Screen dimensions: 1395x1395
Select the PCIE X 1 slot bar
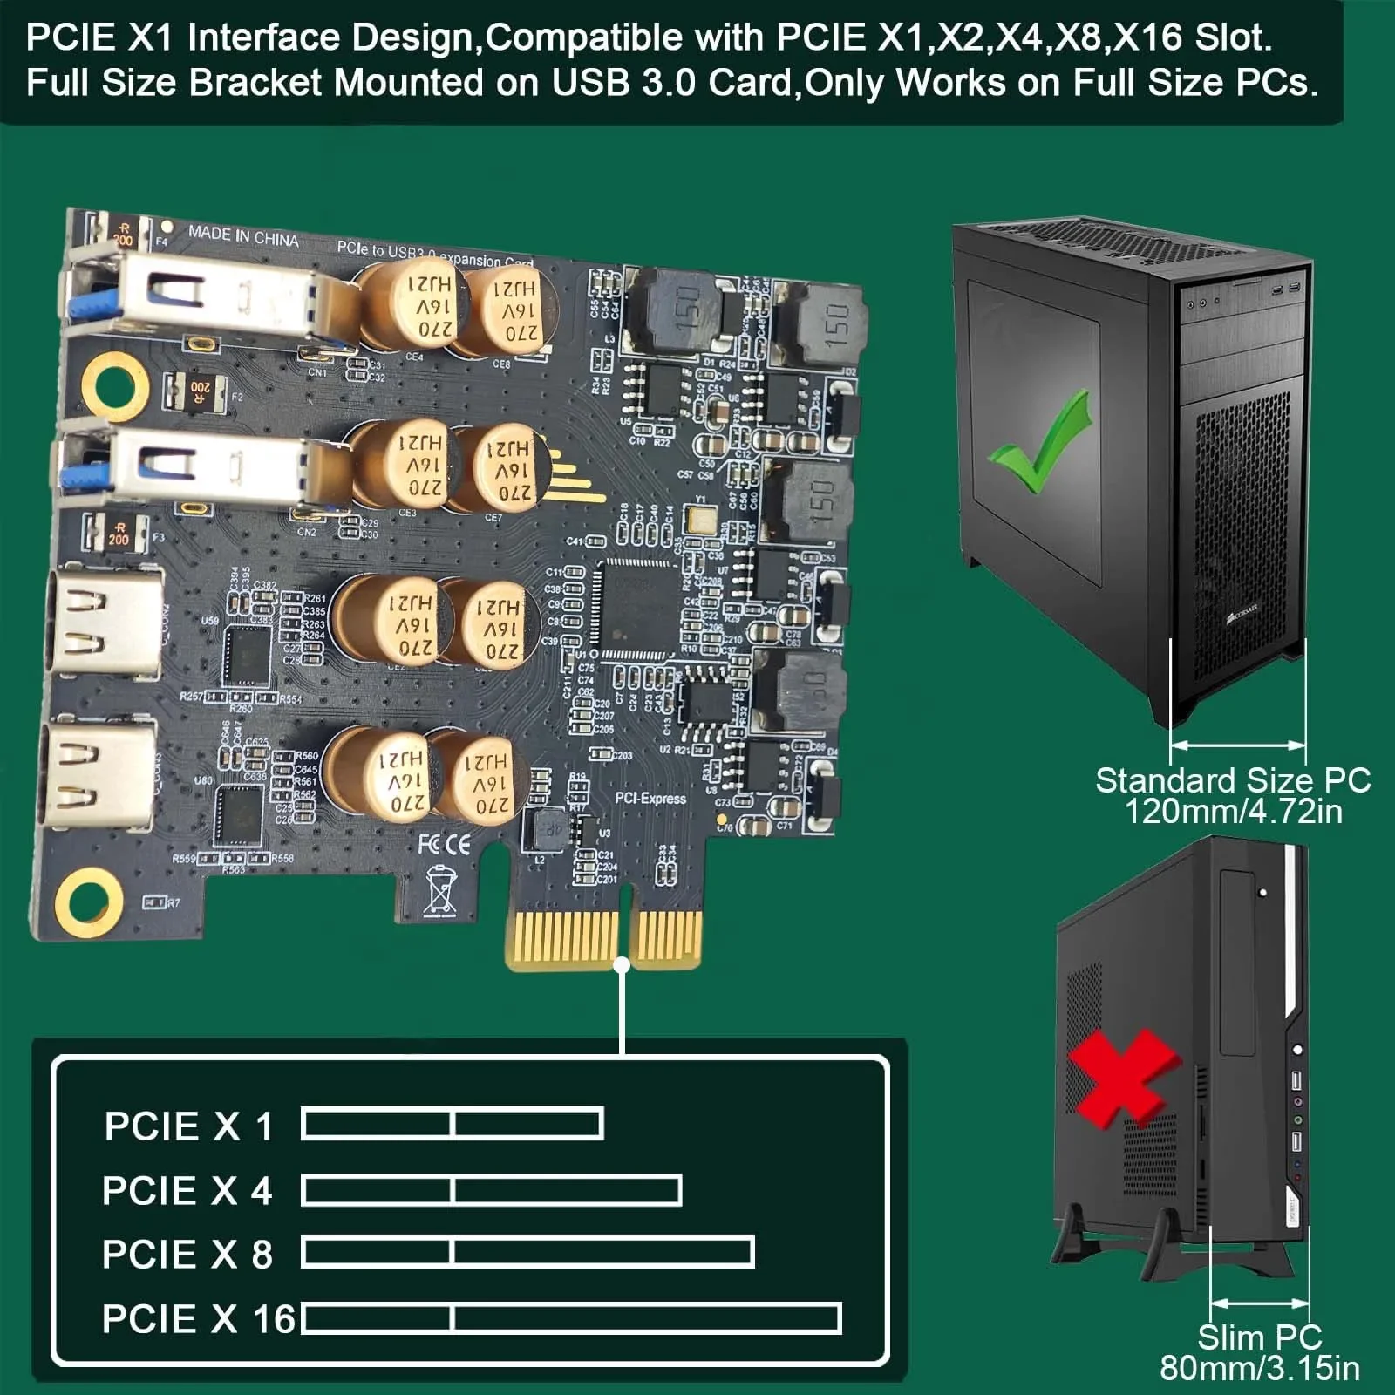pyautogui.click(x=452, y=1124)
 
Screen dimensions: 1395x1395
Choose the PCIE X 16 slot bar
pyautogui.click(x=571, y=1318)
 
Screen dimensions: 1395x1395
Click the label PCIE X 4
pyautogui.click(x=187, y=1191)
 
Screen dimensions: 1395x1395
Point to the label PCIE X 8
pyautogui.click(x=187, y=1255)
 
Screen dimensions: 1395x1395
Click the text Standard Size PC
pyautogui.click(x=1232, y=780)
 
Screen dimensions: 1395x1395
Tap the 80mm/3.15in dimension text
pyautogui.click(x=1259, y=1368)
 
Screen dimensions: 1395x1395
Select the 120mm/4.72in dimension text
pyautogui.click(x=1233, y=812)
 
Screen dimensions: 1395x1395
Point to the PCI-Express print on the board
pyautogui.click(x=650, y=799)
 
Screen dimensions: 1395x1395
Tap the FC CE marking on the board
pyautogui.click(x=444, y=843)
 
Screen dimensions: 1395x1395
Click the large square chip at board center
pyautogui.click(x=635, y=607)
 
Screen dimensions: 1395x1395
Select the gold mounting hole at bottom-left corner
pyautogui.click(x=88, y=900)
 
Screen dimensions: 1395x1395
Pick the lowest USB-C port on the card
pyautogui.click(x=99, y=772)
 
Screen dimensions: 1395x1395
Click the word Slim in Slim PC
pyautogui.click(x=1229, y=1337)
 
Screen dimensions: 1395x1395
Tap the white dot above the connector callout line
pyautogui.click(x=622, y=965)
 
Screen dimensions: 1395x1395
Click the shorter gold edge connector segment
pyautogui.click(x=666, y=939)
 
